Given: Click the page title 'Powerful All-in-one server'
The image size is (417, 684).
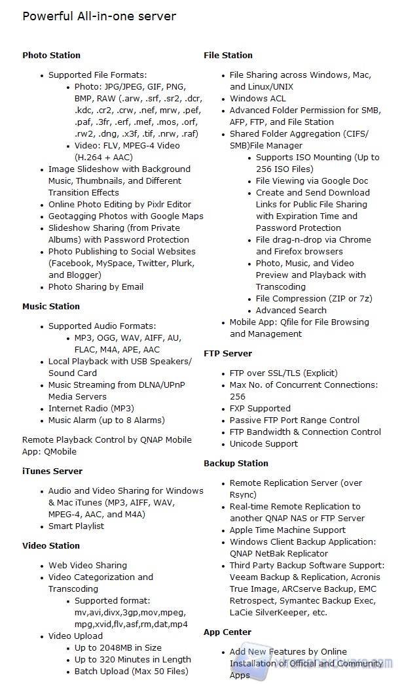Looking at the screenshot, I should point(99,16).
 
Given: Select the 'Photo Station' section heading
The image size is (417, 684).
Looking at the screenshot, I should point(51,56).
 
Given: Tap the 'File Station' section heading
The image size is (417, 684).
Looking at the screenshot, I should point(228,56).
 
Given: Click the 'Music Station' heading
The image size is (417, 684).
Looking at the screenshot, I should point(51,307).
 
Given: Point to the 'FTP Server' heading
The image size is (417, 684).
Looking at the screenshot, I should point(228,354).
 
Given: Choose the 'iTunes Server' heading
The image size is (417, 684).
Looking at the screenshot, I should point(52,471).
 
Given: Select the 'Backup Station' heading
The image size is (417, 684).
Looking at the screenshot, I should point(236,464).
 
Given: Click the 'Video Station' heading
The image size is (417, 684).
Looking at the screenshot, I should point(51,546).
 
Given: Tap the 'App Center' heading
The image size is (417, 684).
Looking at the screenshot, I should point(227,632).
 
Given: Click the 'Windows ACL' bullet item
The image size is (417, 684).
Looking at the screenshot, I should point(257,99).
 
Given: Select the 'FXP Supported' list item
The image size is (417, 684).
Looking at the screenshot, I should point(260,409).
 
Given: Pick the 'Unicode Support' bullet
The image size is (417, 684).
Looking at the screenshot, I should point(263,444).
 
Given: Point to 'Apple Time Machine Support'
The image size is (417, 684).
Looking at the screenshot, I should point(287,530).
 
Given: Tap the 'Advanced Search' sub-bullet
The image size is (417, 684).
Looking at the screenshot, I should point(291,311).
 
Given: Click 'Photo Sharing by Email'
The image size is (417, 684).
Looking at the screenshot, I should point(96,287).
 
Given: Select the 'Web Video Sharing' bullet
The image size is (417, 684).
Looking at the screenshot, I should point(88,566).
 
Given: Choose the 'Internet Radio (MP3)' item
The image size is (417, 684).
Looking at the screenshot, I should point(91,409).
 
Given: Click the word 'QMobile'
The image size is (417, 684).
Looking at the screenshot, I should point(60,452).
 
